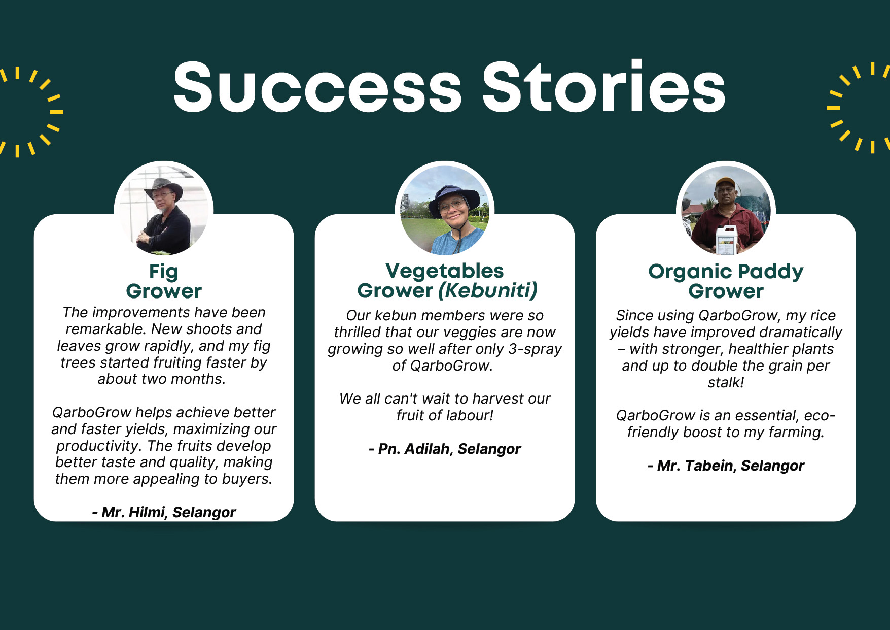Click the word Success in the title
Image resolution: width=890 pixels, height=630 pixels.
pyautogui.click(x=317, y=87)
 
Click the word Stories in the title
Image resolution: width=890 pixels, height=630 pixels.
pyautogui.click(x=603, y=86)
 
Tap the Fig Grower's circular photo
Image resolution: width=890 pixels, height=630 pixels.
pyautogui.click(x=164, y=210)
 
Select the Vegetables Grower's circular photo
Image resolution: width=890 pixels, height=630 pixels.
pyautogui.click(x=445, y=210)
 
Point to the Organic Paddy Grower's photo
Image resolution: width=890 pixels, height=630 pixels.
pyautogui.click(x=726, y=210)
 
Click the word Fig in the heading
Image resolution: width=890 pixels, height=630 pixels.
pyautogui.click(x=164, y=272)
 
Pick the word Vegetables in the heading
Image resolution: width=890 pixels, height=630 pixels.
pyautogui.click(x=445, y=271)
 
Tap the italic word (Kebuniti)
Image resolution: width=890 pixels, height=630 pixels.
pyautogui.click(x=488, y=291)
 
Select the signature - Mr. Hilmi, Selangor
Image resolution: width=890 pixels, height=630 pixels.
pyautogui.click(x=164, y=512)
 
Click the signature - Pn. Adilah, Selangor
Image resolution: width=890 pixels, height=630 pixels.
pyautogui.click(x=445, y=449)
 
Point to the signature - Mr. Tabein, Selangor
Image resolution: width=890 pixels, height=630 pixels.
pyautogui.click(x=726, y=466)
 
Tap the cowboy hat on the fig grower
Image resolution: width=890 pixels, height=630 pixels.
pyautogui.click(x=163, y=188)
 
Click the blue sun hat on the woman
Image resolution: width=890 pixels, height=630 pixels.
pyautogui.click(x=453, y=198)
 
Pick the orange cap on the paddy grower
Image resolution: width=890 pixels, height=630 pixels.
pyautogui.click(x=725, y=182)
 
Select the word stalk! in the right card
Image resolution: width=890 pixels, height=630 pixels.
pyautogui.click(x=726, y=382)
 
